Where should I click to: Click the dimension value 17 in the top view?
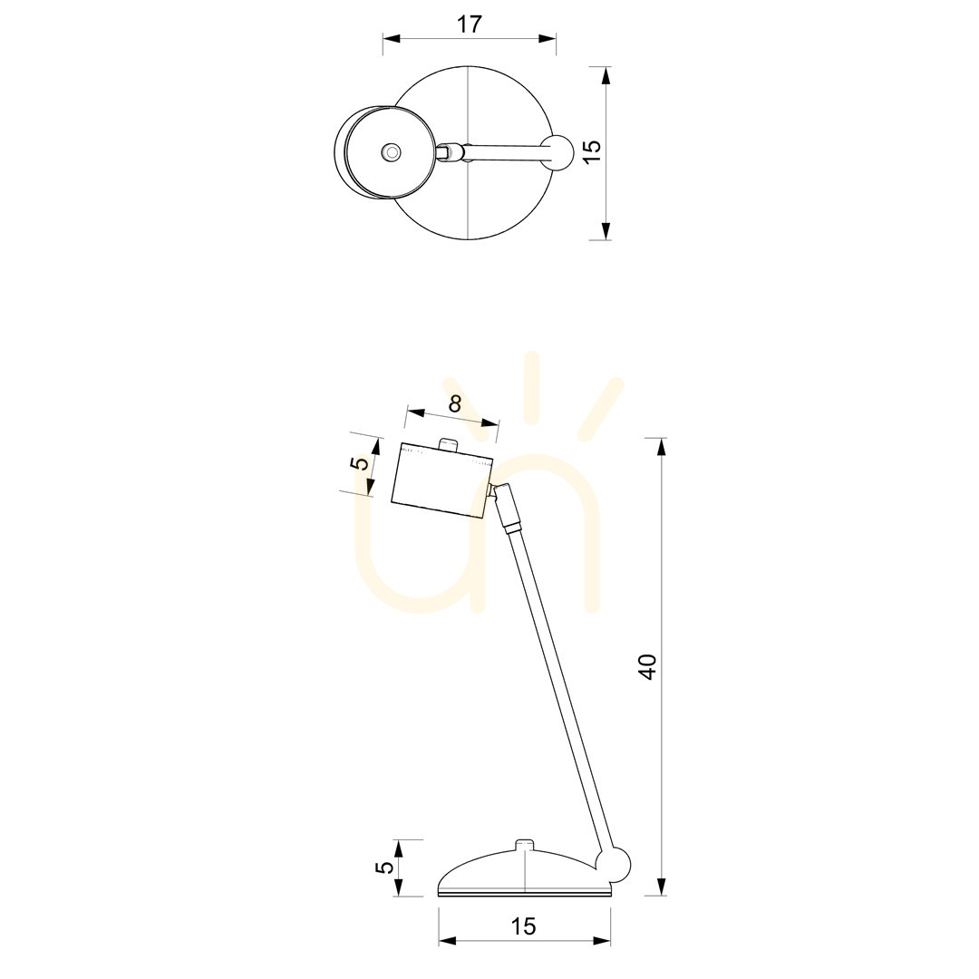tap(470, 24)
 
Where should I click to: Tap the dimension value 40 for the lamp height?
tap(647, 666)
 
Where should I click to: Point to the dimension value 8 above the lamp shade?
tap(454, 404)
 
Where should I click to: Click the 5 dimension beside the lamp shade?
tap(360, 463)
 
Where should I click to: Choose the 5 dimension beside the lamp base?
tap(386, 868)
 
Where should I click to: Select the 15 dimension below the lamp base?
tap(523, 926)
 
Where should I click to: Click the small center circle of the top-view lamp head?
tap(391, 151)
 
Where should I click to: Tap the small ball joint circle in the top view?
tap(557, 151)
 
